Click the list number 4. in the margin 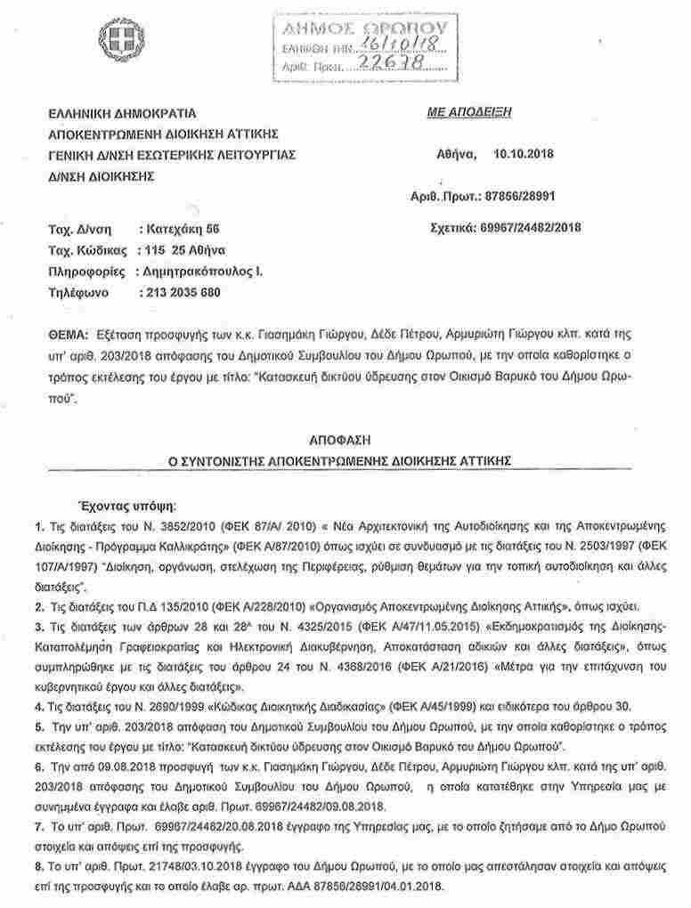(x=40, y=706)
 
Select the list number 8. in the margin (x=40, y=864)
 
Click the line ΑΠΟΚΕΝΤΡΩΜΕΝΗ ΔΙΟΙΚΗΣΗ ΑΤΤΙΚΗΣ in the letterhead (x=165, y=134)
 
